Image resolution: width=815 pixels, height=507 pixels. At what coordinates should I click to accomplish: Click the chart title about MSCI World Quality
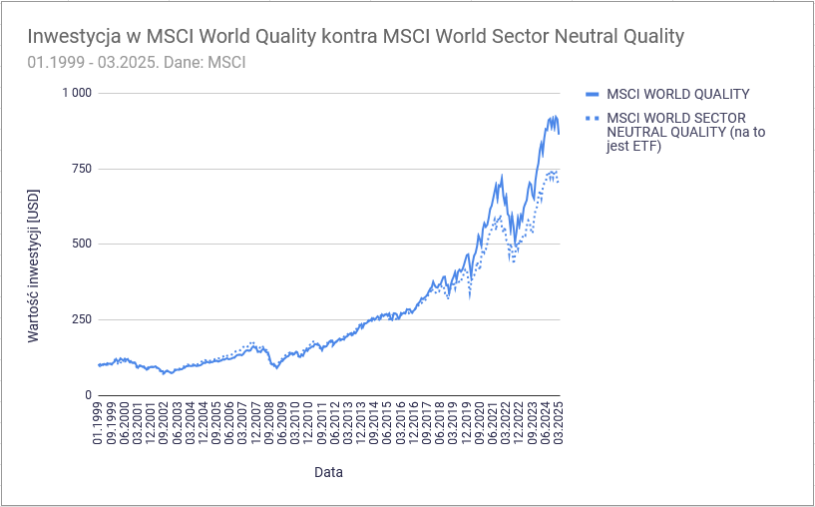tap(356, 37)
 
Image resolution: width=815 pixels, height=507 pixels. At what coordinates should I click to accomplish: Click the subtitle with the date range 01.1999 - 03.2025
tap(138, 62)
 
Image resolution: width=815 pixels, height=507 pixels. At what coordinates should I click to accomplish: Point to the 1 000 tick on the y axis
tap(77, 93)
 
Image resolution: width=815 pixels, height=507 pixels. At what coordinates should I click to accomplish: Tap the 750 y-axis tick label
tap(80, 169)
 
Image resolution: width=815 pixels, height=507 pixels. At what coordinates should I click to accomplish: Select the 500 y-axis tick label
tap(80, 244)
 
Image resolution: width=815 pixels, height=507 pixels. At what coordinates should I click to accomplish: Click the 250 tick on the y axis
tap(80, 319)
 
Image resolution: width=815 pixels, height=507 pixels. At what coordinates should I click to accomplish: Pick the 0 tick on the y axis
tap(88, 395)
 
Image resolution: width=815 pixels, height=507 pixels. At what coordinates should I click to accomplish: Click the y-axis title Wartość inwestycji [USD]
tap(33, 266)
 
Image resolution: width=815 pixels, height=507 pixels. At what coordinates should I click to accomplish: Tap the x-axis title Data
tap(329, 471)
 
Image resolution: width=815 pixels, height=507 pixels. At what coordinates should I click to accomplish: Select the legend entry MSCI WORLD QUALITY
tap(677, 94)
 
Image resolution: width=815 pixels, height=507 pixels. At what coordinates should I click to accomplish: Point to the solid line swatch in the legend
tap(591, 94)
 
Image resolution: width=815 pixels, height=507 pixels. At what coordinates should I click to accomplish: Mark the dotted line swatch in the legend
tap(591, 119)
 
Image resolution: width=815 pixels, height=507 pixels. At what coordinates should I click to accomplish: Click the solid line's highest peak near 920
tap(554, 116)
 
